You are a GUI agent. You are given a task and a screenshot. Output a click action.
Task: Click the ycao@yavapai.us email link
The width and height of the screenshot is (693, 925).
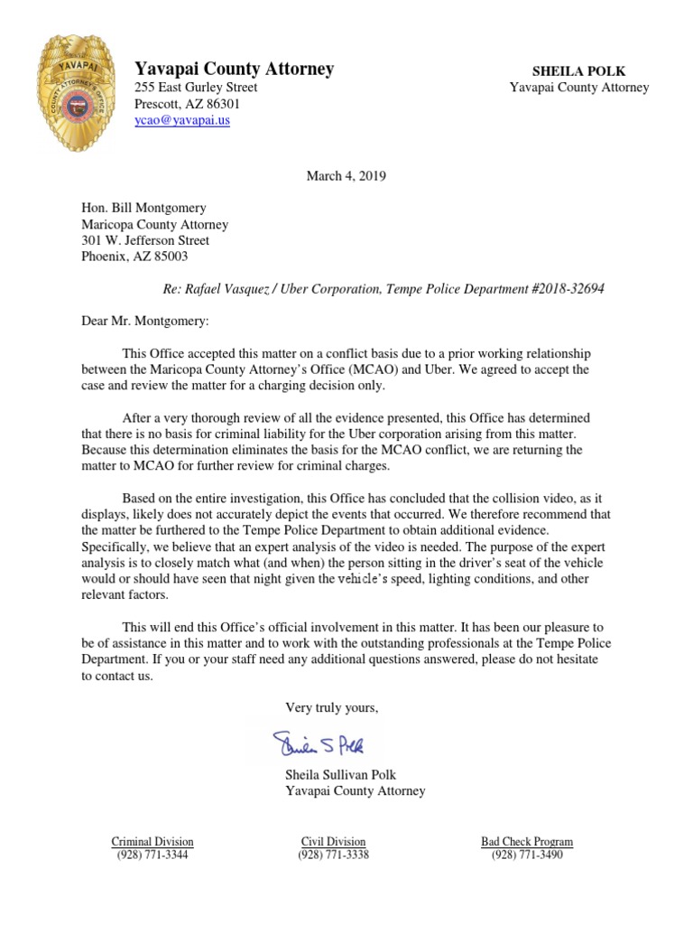pos(181,120)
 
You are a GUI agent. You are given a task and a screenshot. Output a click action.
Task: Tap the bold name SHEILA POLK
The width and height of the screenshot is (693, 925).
pos(578,71)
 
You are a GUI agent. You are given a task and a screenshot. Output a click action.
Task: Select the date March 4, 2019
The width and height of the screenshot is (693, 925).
pos(346,176)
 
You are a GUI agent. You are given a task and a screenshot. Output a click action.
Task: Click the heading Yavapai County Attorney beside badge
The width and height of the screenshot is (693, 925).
pos(234,69)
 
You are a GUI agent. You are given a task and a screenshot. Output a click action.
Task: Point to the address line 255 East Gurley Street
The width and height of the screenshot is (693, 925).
pos(196,88)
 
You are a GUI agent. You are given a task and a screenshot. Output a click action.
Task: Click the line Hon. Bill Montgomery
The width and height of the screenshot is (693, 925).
pos(144,208)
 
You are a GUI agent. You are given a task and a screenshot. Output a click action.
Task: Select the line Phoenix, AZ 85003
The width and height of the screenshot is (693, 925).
pos(134,257)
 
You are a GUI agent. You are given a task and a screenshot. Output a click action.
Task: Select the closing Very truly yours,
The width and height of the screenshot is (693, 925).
pos(332,707)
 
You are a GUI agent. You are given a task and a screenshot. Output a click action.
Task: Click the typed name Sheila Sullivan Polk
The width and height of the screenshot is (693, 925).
pos(340,775)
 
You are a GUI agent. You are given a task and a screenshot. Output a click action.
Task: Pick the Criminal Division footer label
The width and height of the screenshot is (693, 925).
pos(152,841)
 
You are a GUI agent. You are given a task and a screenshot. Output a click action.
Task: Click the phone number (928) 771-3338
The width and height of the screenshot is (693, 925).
pos(333,855)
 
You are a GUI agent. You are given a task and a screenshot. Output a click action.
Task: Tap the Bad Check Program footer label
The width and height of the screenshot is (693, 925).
pos(527,841)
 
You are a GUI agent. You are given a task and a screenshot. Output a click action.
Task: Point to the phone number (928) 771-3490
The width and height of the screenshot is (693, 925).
pos(527,855)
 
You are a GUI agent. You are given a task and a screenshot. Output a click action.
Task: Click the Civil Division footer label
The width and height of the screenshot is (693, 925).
pos(333,841)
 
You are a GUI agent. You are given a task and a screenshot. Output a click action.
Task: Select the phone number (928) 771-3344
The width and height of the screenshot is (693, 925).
pos(152,855)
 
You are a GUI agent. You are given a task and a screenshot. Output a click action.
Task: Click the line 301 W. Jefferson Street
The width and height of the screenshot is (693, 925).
pos(145,240)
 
